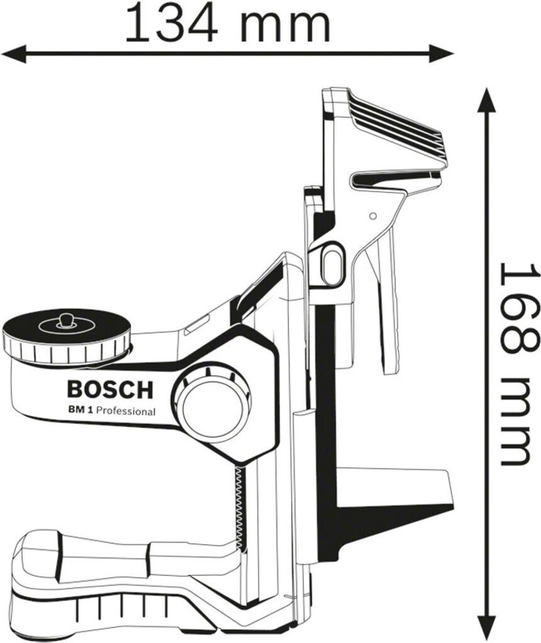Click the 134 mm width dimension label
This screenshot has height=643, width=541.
(x=227, y=23)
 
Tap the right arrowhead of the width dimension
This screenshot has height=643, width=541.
(x=442, y=54)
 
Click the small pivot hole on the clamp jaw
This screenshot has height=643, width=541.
(x=373, y=215)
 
